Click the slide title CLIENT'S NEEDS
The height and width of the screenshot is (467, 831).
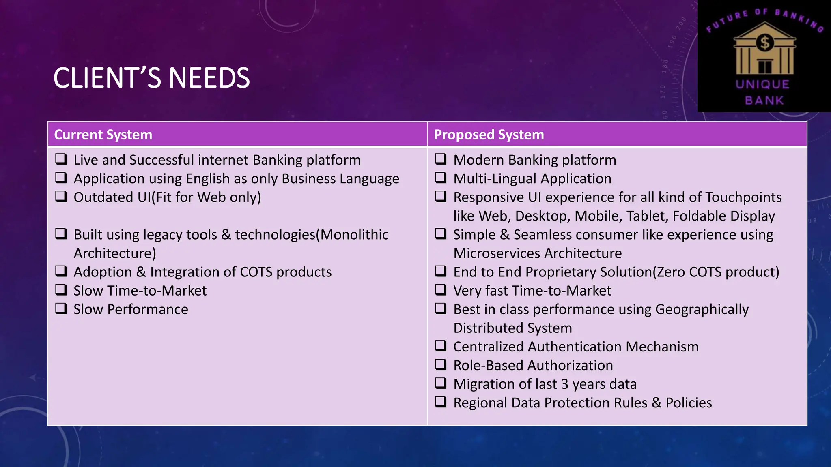[x=151, y=78]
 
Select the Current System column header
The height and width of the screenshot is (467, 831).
[x=103, y=135]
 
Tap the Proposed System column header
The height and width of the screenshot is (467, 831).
[x=489, y=135]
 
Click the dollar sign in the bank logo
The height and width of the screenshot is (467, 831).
[x=765, y=43]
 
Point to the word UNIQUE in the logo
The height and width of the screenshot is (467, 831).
[x=762, y=84]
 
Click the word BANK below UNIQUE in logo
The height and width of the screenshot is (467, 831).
[x=764, y=100]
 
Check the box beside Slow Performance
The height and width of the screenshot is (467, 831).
[x=61, y=308]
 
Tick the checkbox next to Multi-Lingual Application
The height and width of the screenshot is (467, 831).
[x=441, y=178]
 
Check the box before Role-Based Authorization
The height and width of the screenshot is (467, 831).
[x=441, y=364]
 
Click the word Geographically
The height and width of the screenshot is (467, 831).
[x=702, y=310]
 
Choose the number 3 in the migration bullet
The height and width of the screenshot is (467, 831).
[x=565, y=384]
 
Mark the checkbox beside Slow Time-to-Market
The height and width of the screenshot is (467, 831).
[x=61, y=290]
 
